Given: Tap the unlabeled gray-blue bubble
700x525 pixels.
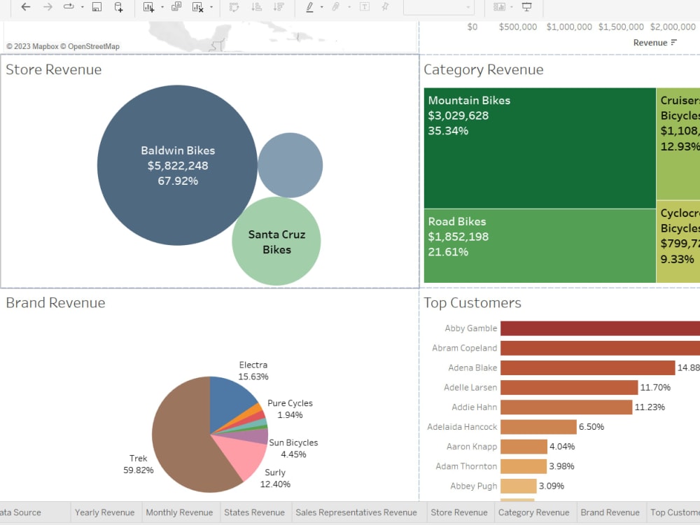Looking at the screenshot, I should pos(290,165).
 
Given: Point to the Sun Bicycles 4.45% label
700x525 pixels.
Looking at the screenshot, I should pos(293,449).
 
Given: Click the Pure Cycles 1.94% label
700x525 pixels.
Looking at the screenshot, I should pos(290,409).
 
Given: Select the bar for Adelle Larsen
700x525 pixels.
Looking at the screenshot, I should pos(568,387).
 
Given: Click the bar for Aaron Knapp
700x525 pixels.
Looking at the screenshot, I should pos(523,447).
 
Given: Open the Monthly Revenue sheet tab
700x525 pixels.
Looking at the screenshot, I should pos(179,512).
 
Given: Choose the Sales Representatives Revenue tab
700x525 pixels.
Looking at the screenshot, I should pos(356,512).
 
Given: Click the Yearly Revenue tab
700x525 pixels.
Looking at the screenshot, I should pos(104,512).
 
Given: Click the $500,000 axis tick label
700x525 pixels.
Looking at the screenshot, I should pos(518,27).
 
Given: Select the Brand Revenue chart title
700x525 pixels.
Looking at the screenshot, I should pos(55,303).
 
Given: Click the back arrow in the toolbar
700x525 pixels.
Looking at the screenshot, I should pos(26,7).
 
